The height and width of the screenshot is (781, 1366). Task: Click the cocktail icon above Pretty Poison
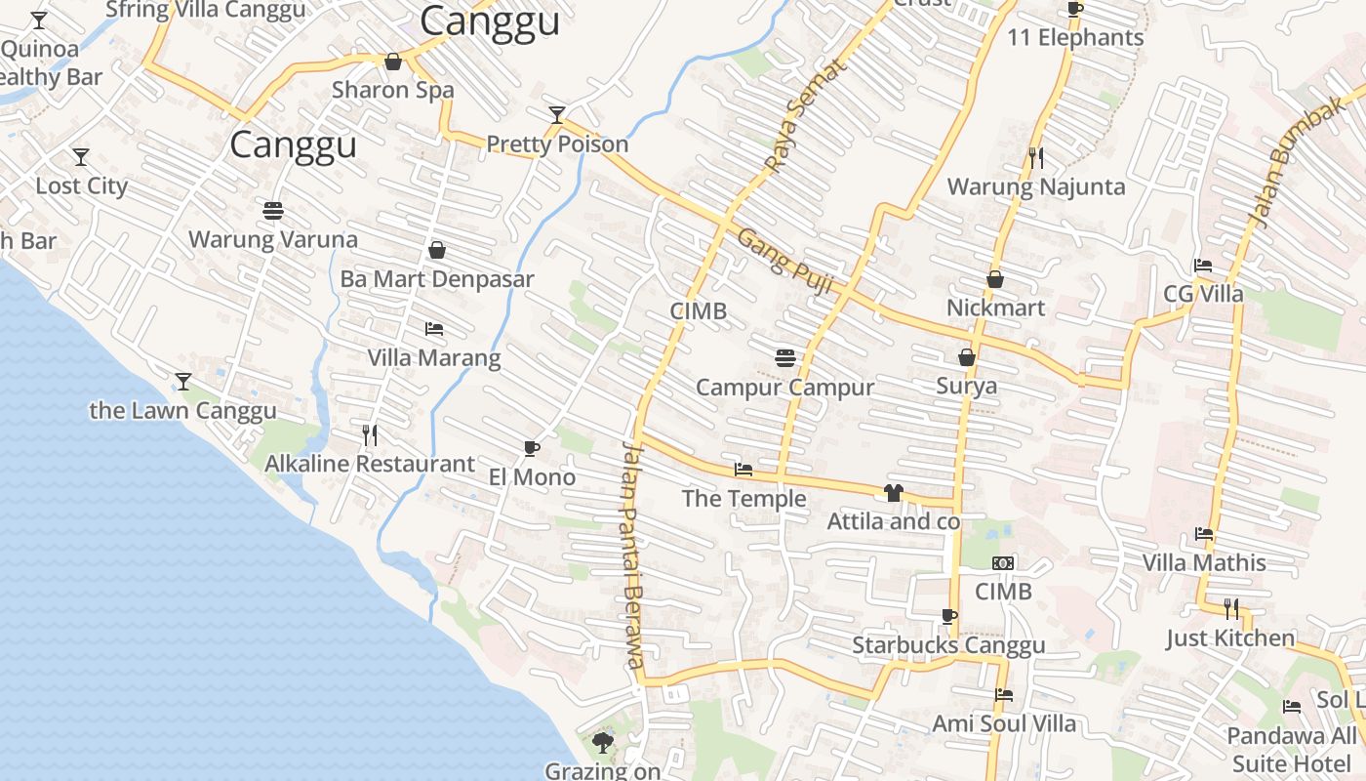click(556, 115)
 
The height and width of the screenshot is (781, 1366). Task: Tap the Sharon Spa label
click(392, 90)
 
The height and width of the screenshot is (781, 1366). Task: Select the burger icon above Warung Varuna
click(273, 210)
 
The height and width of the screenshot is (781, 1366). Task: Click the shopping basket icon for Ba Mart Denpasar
click(437, 251)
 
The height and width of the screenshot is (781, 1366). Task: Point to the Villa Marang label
click(434, 357)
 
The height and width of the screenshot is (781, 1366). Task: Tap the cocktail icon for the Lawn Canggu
click(182, 381)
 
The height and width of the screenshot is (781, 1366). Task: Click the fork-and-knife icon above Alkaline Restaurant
click(370, 434)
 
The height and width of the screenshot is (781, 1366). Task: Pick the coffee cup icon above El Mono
click(532, 448)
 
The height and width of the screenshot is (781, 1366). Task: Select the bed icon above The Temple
click(743, 470)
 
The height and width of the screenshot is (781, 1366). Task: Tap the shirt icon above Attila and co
click(894, 493)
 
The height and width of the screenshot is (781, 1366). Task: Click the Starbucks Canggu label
click(948, 645)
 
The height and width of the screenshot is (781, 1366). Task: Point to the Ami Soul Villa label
click(1004, 723)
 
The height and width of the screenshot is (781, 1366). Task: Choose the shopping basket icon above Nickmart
click(995, 279)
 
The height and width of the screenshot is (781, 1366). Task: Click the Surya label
click(967, 386)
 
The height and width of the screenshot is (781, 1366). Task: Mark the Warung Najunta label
click(1036, 186)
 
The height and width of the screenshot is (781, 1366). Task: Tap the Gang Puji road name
click(784, 261)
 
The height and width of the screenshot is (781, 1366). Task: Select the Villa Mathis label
click(1204, 562)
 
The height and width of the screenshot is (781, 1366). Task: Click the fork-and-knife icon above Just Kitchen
click(1231, 609)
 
